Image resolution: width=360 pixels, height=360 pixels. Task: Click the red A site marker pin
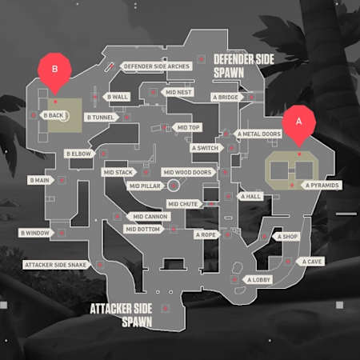[300, 123]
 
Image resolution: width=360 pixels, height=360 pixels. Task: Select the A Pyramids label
[323, 186]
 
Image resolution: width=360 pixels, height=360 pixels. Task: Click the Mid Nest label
[178, 92]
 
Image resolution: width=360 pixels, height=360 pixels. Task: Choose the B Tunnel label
[101, 117]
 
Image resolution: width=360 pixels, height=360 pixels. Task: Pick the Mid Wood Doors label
[187, 172]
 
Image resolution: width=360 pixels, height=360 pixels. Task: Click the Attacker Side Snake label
[55, 264]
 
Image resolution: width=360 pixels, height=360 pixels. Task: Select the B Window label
[34, 233]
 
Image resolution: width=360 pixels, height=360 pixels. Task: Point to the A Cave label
[312, 261]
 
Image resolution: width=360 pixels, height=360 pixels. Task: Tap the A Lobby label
[260, 279]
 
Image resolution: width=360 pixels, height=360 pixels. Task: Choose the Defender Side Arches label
[157, 66]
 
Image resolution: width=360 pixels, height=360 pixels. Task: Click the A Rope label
[206, 234]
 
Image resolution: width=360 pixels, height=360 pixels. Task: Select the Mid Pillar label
[146, 186]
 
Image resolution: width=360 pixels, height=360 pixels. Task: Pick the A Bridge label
[225, 97]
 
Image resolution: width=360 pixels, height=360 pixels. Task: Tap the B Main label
[39, 180]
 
